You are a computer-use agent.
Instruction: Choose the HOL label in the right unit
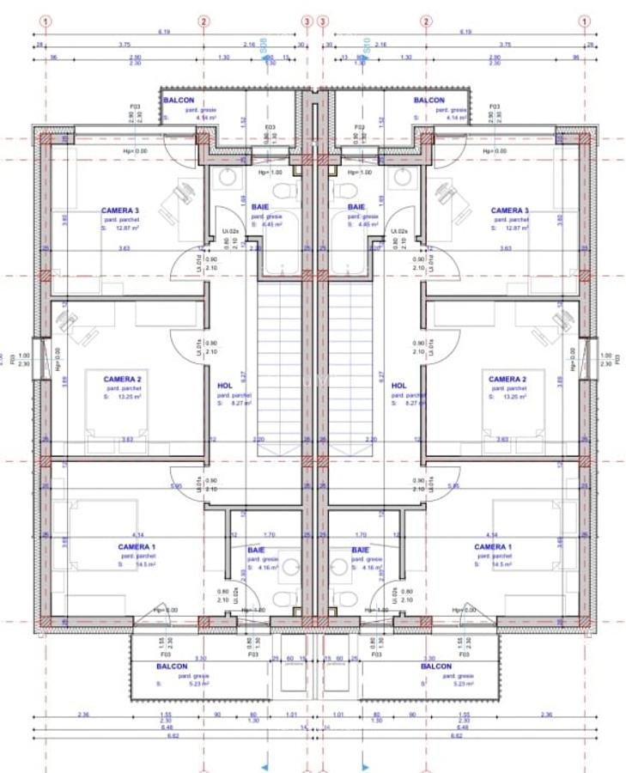[398, 386]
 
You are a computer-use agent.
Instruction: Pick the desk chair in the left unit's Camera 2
[67, 323]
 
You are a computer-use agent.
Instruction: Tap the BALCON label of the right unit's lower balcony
[436, 666]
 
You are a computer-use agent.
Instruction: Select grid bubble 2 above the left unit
[204, 21]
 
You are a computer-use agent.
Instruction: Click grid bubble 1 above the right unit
[584, 21]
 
